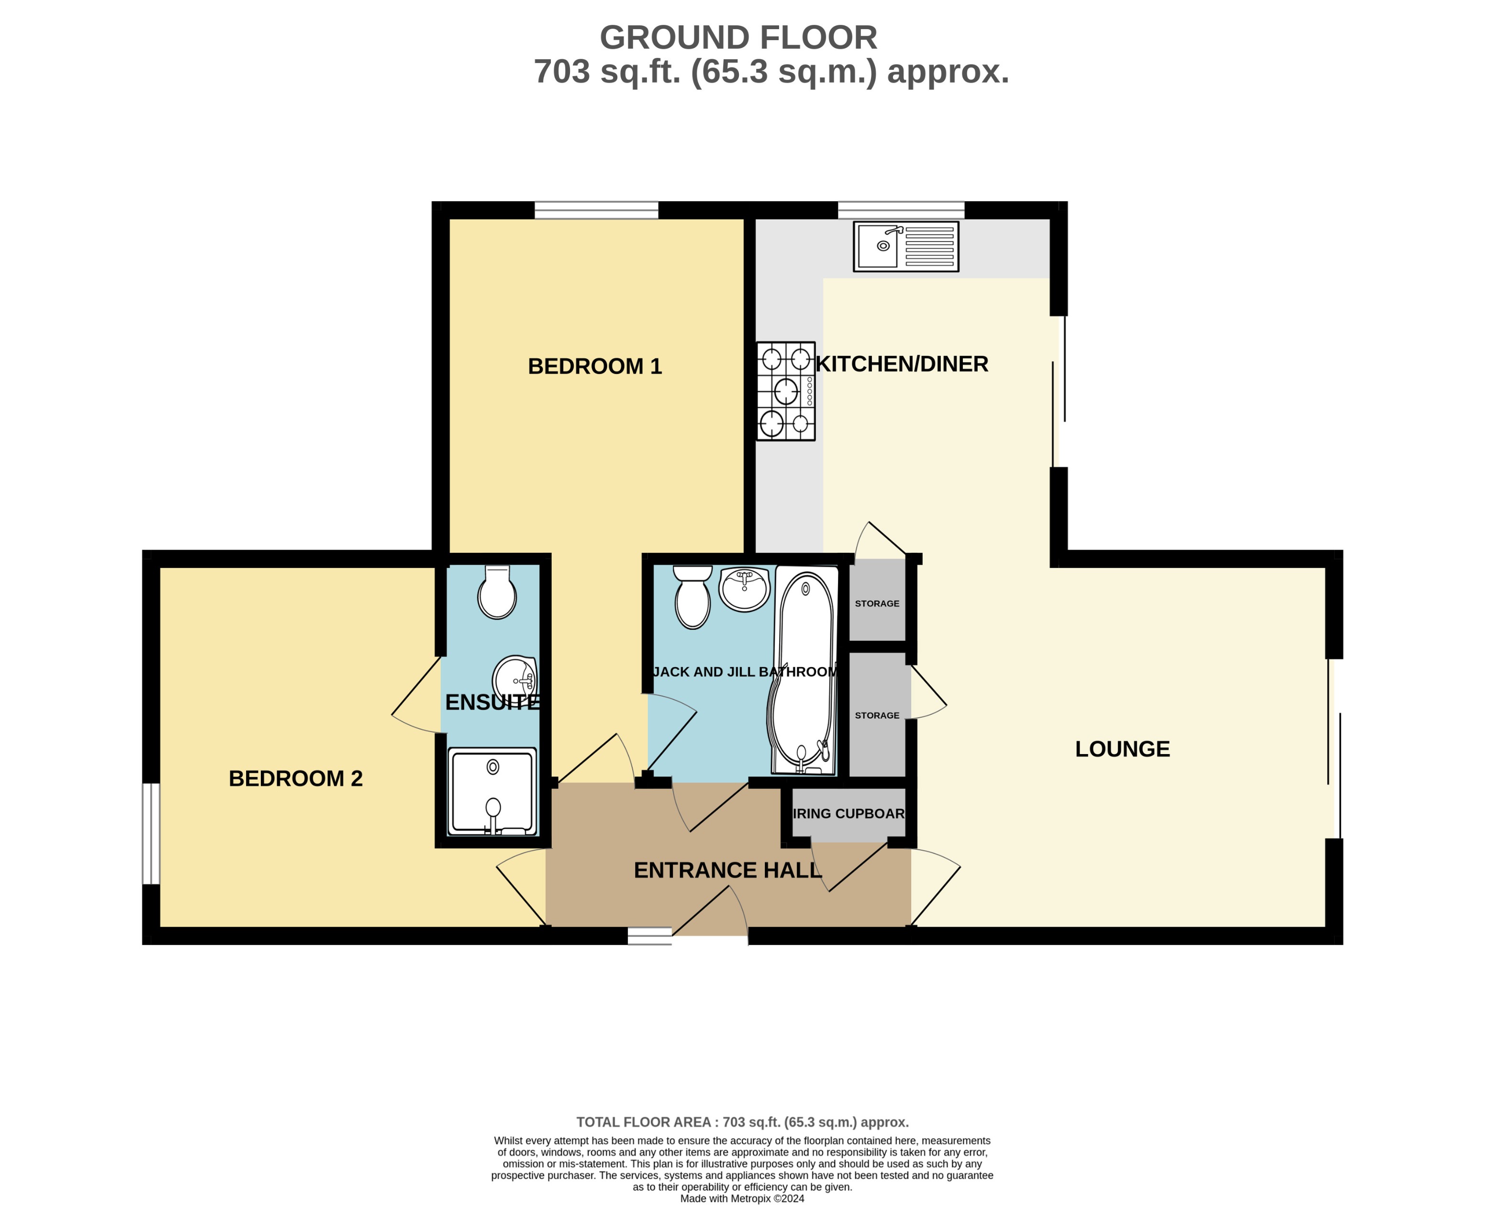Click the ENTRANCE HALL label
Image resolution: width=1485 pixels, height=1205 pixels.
coord(727,870)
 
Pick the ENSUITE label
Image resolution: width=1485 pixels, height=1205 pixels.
coord(492,702)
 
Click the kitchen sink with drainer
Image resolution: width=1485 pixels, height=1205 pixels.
coord(906,246)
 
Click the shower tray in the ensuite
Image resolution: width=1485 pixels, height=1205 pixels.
coord(492,791)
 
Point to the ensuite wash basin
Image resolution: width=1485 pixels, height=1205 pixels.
coord(514,677)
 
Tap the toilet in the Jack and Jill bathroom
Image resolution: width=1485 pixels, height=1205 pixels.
coord(692,597)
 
